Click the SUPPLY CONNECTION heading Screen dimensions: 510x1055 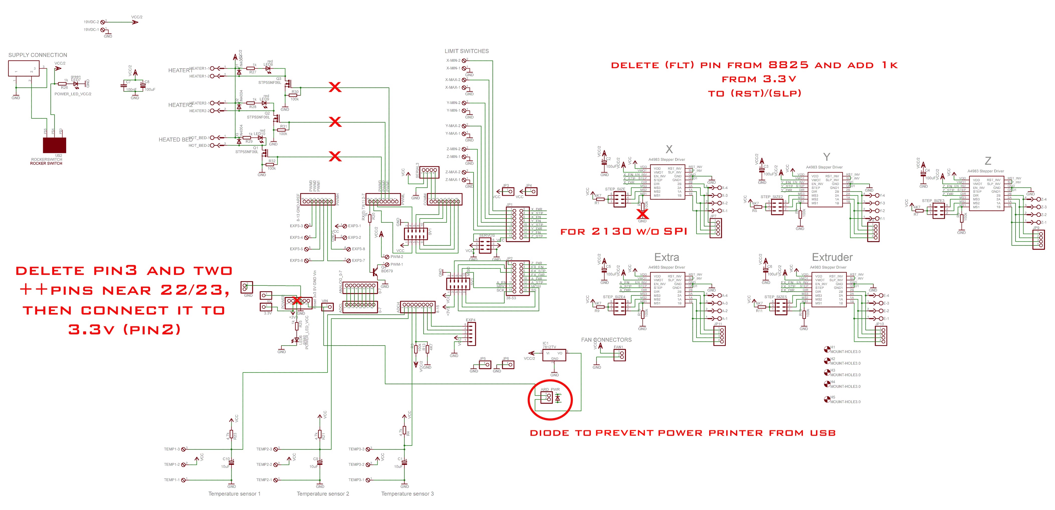[38, 55]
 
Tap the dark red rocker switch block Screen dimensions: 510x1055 [54, 145]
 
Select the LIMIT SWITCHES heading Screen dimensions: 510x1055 [466, 51]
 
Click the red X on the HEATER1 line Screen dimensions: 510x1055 [335, 87]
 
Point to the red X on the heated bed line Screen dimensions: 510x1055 [335, 156]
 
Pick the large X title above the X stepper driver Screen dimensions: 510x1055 [669, 149]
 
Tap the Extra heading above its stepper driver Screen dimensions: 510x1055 [666, 257]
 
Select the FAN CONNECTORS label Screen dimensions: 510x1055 [606, 340]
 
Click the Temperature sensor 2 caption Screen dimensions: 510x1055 [323, 494]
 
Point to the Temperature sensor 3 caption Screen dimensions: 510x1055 [407, 494]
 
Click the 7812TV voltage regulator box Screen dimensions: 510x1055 [554, 355]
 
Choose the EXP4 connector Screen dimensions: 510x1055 [471, 334]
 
